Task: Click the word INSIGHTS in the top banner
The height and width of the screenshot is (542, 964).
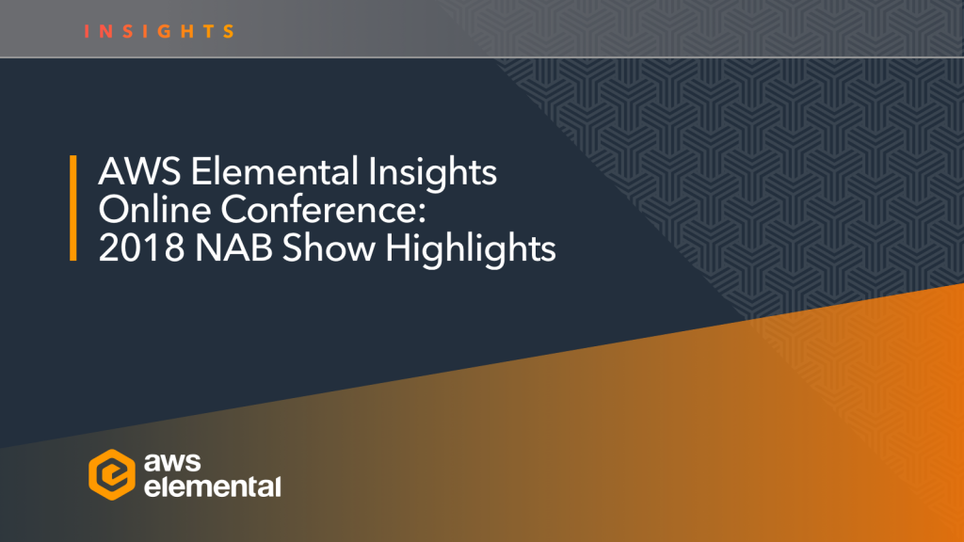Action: [159, 31]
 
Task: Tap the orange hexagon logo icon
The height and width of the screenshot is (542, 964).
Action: [110, 472]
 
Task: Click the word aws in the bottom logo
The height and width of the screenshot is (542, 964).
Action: [179, 461]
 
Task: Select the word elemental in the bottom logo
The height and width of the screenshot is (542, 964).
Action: [212, 486]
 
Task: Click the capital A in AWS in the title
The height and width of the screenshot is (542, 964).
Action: [110, 174]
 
